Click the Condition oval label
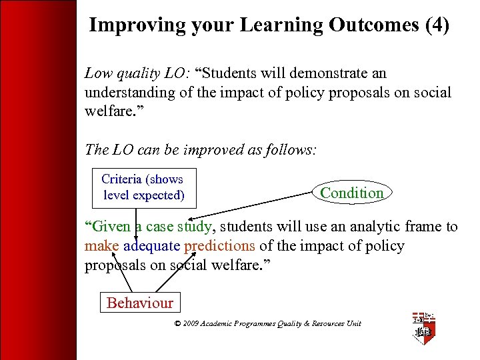[x=351, y=193]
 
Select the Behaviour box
[x=139, y=303]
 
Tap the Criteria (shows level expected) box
[x=143, y=187]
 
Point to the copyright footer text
[x=267, y=324]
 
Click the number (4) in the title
[x=437, y=25]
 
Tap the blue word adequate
[x=152, y=246]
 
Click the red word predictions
[x=219, y=246]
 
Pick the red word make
[x=101, y=246]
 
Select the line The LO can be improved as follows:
[x=200, y=149]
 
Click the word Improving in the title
[x=127, y=25]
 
